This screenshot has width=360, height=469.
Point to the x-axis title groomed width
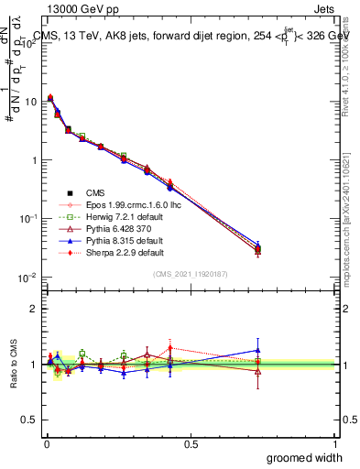(305, 457)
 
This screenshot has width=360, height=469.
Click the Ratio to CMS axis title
(13, 364)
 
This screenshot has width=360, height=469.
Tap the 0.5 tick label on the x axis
(190, 444)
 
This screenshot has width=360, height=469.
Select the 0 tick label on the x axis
(46, 444)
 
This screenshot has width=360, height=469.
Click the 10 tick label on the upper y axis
(29, 102)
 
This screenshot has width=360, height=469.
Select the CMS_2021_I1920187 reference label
(190, 274)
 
